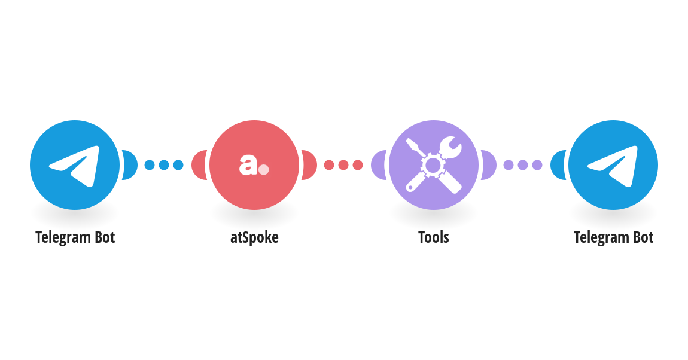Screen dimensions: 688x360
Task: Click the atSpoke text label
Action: (254, 237)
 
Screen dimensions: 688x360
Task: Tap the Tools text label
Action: (434, 237)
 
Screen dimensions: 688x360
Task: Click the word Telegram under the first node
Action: (63, 238)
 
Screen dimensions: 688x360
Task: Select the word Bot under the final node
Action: (643, 237)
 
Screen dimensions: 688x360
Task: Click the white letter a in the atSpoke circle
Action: (248, 165)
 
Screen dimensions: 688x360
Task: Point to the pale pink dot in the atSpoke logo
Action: (263, 170)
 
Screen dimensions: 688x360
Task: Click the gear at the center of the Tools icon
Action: (433, 165)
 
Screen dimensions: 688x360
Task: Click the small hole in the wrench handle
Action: (410, 188)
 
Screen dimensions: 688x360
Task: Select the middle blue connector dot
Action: (164, 165)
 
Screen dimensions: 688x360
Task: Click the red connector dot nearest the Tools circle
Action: (358, 165)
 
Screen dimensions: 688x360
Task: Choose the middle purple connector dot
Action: (523, 165)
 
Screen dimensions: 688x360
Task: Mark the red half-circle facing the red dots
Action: (309, 165)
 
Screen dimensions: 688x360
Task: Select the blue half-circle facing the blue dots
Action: (130, 165)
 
